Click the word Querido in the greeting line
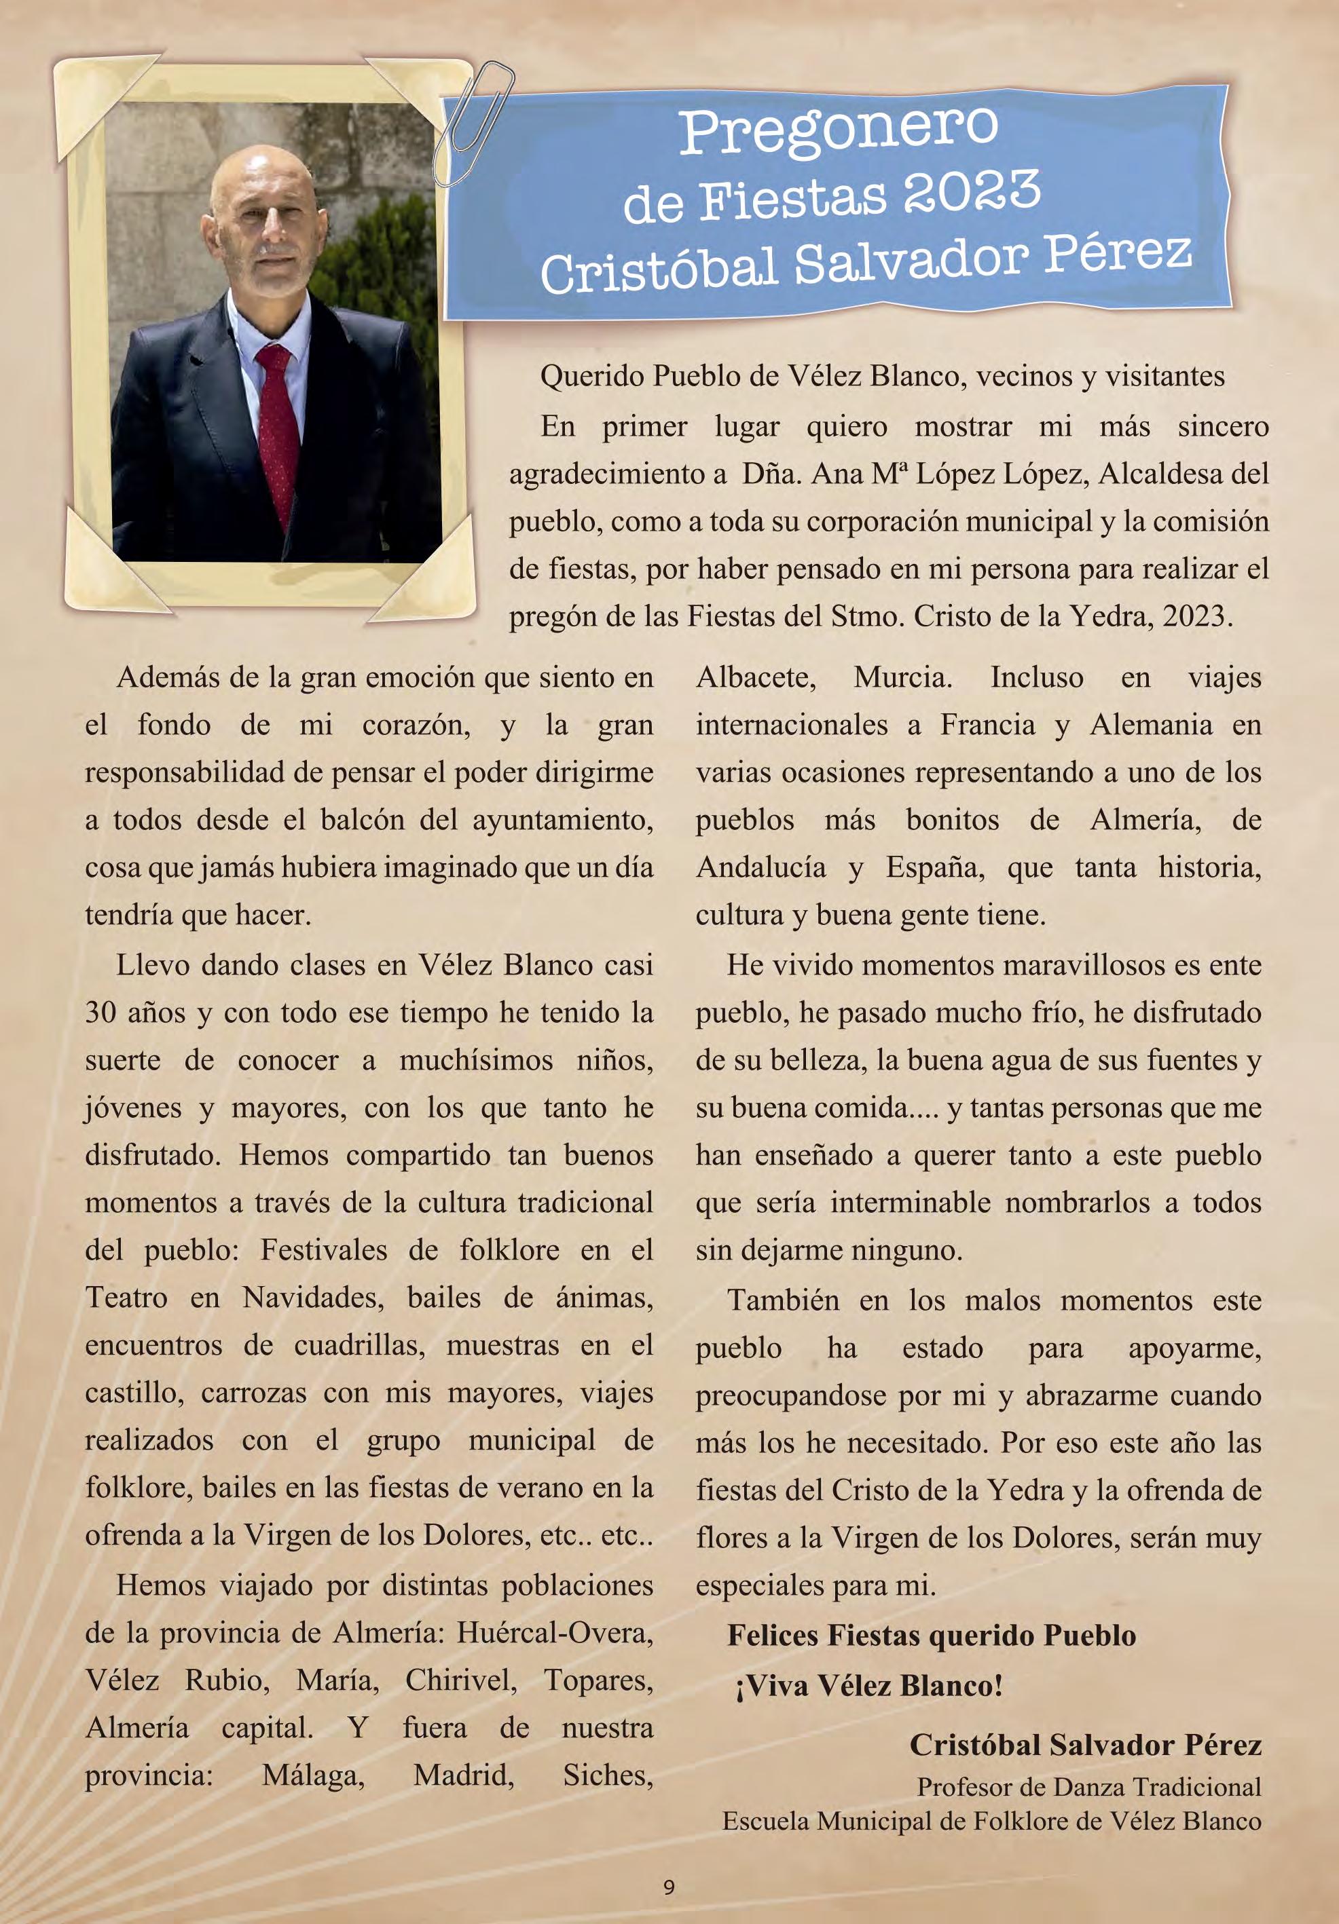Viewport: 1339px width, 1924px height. click(592, 376)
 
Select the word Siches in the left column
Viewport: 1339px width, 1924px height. click(608, 1775)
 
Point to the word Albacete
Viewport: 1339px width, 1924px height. click(756, 677)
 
